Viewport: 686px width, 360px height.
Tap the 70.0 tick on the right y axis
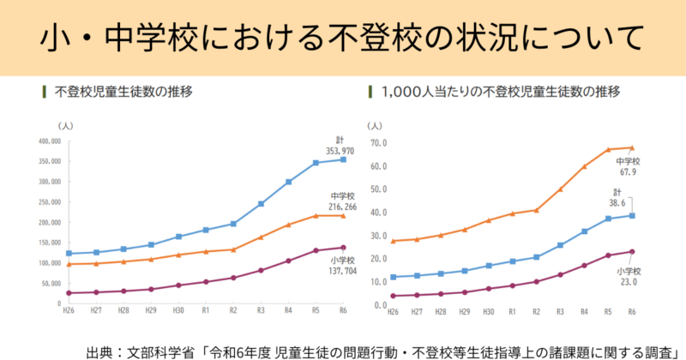378,142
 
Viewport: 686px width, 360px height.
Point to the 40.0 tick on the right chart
378,213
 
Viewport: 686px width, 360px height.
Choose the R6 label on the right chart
632,313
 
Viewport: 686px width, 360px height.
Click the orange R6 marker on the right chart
632,147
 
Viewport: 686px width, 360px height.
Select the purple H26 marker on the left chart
69,293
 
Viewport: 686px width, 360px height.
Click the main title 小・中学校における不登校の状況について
343,38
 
